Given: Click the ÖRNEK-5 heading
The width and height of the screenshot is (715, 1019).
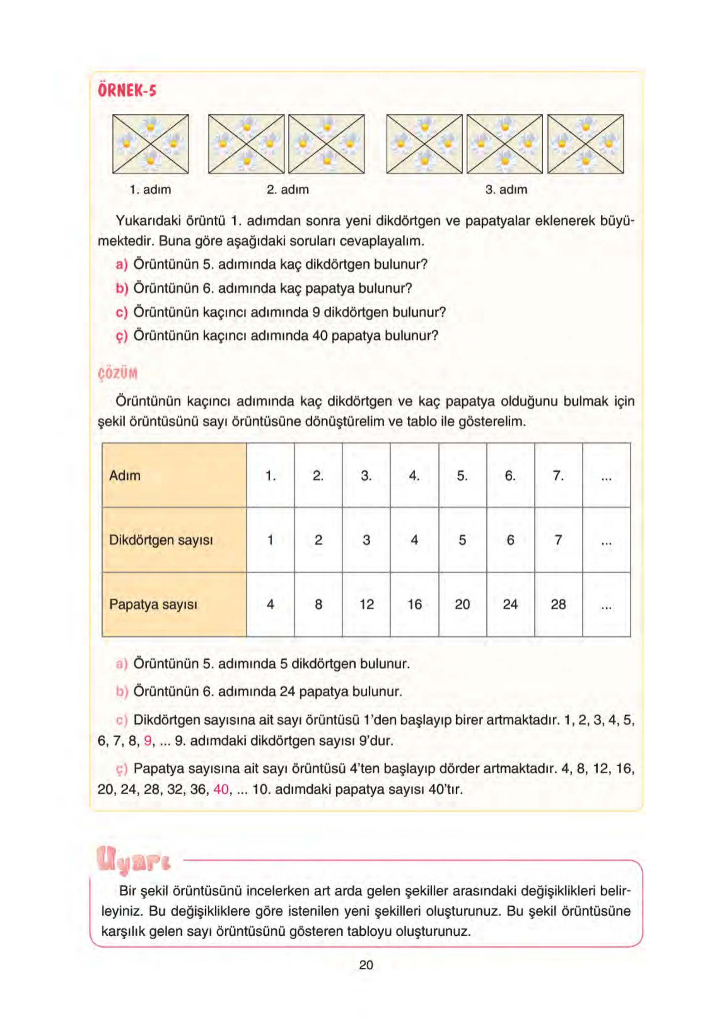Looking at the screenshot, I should pyautogui.click(x=127, y=91).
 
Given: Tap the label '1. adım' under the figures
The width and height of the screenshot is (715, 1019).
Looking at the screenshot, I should pyautogui.click(x=150, y=190).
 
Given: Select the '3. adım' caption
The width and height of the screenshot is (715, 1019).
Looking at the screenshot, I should pyautogui.click(x=506, y=190).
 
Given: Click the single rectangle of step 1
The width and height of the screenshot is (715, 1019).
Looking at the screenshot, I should pyautogui.click(x=150, y=144).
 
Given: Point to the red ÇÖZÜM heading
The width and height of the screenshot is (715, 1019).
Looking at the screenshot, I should pyautogui.click(x=118, y=373).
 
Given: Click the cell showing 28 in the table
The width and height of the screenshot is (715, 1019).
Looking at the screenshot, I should pyautogui.click(x=558, y=604).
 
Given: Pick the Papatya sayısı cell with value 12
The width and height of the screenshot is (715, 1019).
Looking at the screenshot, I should pyautogui.click(x=366, y=604).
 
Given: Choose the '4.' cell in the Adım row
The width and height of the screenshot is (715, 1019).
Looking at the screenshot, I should pyautogui.click(x=414, y=475).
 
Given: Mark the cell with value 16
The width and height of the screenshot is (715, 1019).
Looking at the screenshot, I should pyautogui.click(x=414, y=604).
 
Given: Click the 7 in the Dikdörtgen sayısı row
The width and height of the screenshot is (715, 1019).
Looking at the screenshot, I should pyautogui.click(x=558, y=540).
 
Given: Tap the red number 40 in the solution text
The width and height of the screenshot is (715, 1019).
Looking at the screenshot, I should pyautogui.click(x=221, y=789).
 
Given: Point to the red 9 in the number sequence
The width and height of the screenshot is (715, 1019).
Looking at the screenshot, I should pyautogui.click(x=148, y=741).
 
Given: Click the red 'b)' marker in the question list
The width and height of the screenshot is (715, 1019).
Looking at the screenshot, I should pyautogui.click(x=121, y=288).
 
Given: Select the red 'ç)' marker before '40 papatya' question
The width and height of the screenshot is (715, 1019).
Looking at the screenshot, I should pyautogui.click(x=121, y=336).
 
